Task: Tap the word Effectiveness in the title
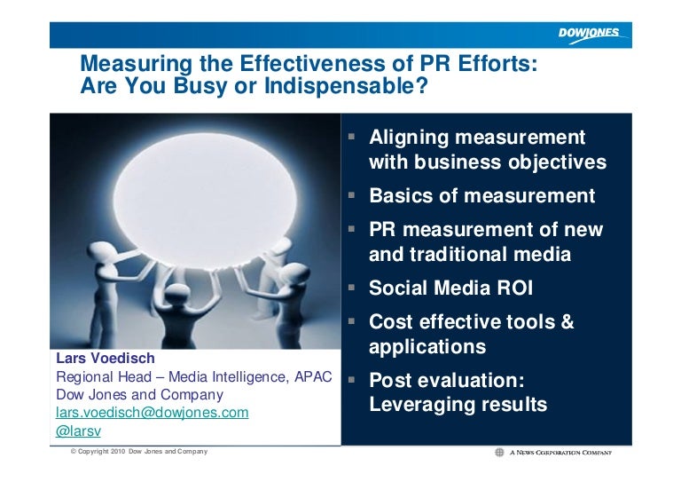tap(312, 63)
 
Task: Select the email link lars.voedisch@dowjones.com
tap(152, 413)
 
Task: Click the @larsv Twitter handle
tap(79, 431)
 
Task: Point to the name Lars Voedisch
tap(106, 358)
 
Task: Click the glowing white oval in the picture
tap(205, 200)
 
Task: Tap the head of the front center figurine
tap(177, 293)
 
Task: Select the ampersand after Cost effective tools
tap(567, 321)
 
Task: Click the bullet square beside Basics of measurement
tap(351, 195)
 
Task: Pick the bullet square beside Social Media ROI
tap(351, 287)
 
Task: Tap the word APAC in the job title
tap(313, 376)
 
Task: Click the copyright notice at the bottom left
tap(139, 452)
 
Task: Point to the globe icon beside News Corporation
tap(499, 453)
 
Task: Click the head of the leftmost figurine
tap(100, 253)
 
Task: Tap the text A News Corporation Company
tap(560, 453)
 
